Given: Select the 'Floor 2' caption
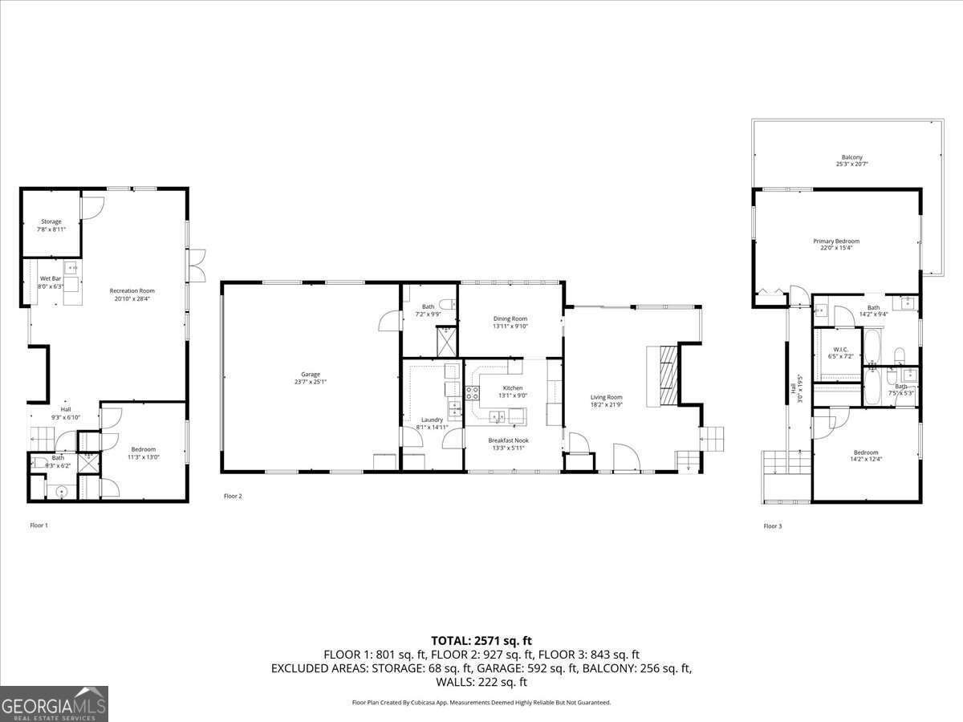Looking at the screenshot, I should coord(233,497).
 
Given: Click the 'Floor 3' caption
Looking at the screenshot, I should coord(771,526).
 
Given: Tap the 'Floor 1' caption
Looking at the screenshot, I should coord(39,525).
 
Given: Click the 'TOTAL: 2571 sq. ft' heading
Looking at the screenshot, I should coord(481,640).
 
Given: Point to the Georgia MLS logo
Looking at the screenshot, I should coord(54,704).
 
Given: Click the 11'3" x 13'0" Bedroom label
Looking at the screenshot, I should coord(144,453).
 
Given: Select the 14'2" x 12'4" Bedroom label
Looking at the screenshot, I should coord(866,456).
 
